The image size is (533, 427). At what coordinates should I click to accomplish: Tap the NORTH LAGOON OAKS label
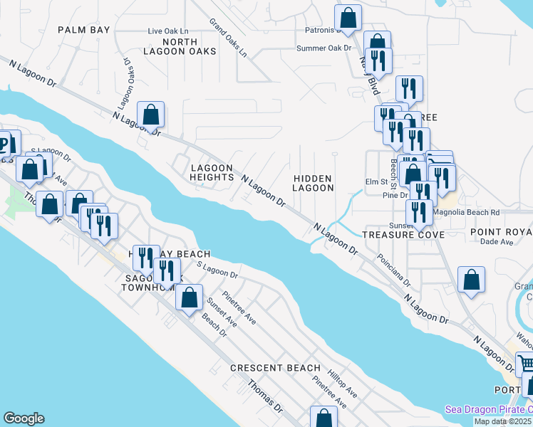tap(170, 46)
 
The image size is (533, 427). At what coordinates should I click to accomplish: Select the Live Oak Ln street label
tap(168, 31)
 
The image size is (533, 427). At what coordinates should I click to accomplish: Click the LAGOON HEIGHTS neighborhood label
tap(212, 173)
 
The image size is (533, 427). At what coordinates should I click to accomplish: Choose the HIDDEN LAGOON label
tap(313, 183)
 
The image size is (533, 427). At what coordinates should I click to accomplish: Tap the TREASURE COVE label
tap(403, 234)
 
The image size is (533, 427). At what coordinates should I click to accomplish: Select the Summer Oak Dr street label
tap(325, 48)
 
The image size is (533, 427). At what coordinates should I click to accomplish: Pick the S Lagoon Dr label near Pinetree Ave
tap(217, 270)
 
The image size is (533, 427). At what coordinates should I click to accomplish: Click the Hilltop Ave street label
tap(342, 383)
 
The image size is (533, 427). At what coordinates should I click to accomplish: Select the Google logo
tap(24, 418)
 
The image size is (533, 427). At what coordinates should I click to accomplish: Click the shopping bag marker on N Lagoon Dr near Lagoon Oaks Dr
tap(151, 114)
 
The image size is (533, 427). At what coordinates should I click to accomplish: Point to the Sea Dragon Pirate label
tap(490, 409)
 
